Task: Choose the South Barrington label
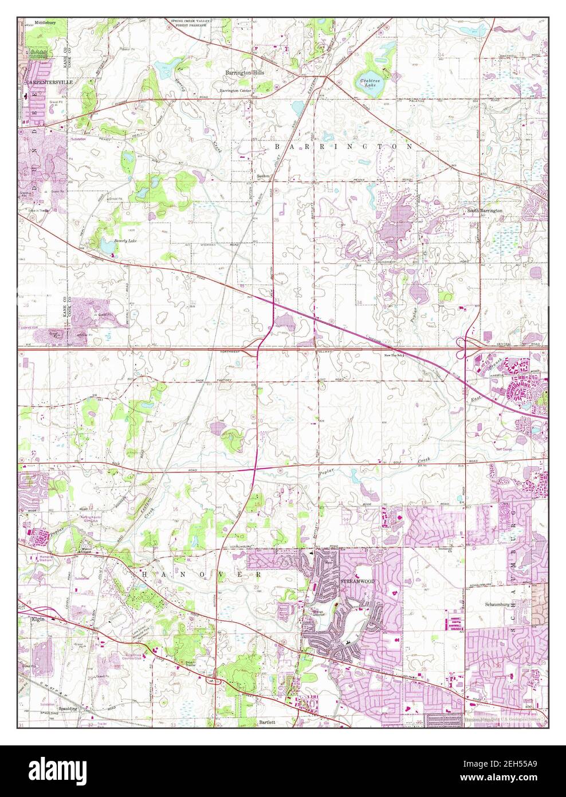(484, 211)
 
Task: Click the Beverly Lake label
(125, 241)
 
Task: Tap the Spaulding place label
(68, 709)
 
